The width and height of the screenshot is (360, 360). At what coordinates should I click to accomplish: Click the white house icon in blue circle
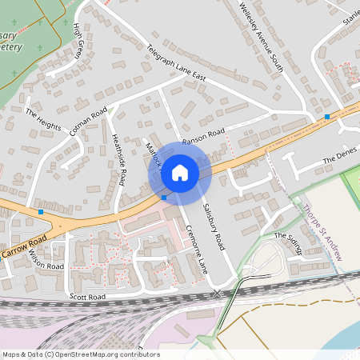coord(180,173)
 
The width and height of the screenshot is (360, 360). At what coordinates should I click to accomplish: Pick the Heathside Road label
coord(119,159)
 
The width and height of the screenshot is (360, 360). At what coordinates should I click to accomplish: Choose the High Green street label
coord(78,41)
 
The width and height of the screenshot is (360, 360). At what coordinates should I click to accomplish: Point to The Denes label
coord(338,161)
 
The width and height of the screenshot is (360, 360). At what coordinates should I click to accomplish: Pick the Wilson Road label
coord(46,260)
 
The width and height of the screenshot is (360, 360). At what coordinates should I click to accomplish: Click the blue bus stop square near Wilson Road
coord(41,212)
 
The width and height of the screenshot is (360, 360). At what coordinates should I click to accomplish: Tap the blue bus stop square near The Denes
coord(326,118)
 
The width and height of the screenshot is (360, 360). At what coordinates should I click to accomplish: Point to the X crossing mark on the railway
coord(218,294)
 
